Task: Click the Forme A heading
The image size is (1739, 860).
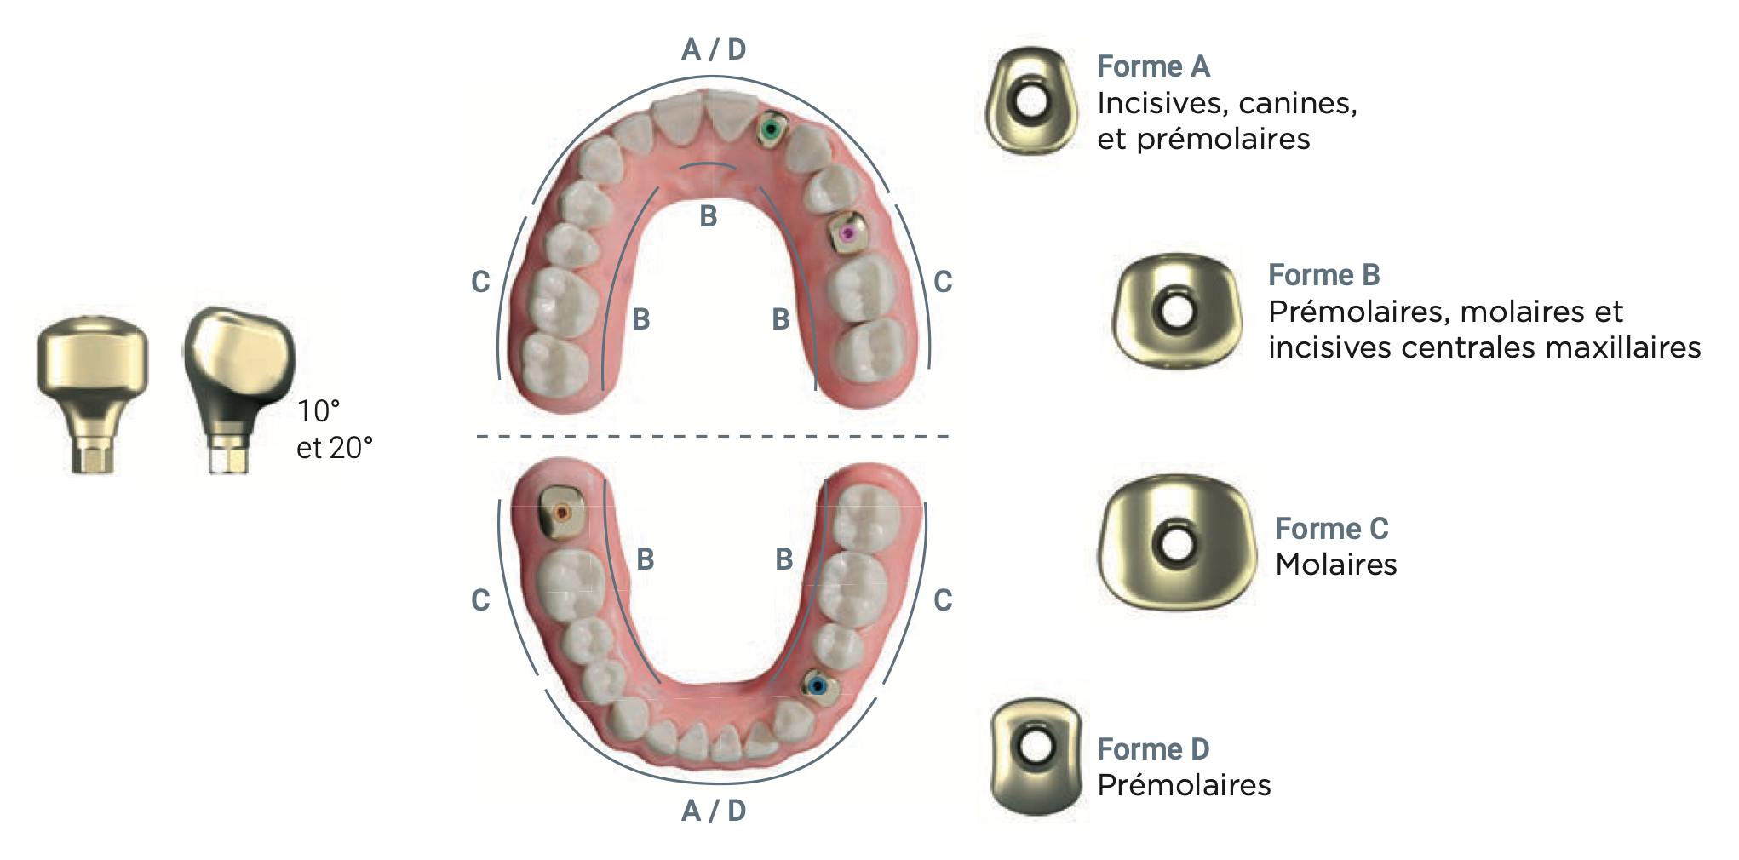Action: [1153, 66]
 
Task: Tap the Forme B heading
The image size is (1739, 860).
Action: [1324, 275]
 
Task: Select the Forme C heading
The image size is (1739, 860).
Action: [1332, 529]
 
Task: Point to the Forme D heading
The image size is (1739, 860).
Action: [1153, 749]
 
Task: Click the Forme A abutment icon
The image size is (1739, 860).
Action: [1030, 101]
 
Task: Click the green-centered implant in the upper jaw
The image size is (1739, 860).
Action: [772, 129]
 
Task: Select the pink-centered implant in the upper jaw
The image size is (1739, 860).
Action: [848, 232]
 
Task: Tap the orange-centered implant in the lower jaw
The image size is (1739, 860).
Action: [561, 513]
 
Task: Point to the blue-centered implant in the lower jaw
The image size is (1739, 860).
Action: [818, 685]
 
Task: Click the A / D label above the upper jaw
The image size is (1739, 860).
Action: [714, 49]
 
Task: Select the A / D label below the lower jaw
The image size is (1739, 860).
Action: [714, 811]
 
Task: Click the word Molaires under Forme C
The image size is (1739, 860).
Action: [1336, 565]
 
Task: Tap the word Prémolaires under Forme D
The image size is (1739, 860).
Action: [1184, 785]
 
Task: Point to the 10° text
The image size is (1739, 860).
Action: [319, 411]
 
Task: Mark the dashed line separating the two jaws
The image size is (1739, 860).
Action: [713, 436]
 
